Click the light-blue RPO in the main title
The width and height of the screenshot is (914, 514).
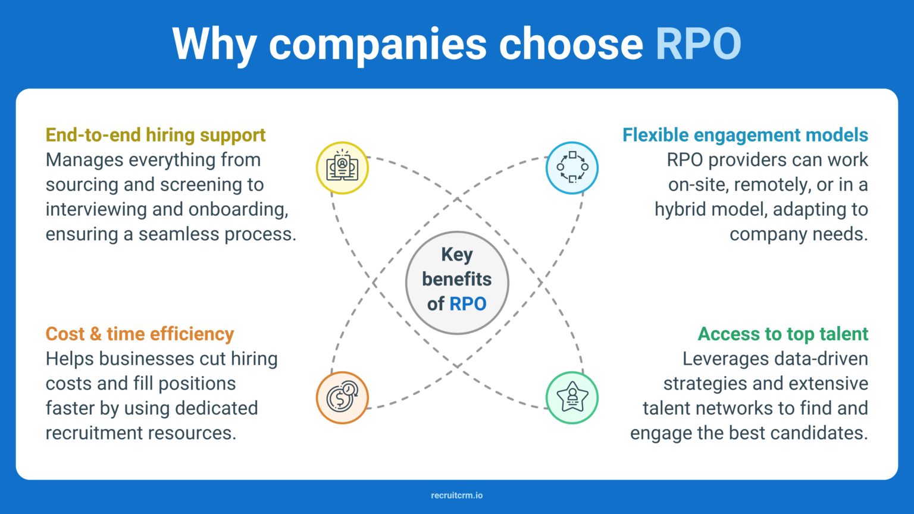click(x=698, y=44)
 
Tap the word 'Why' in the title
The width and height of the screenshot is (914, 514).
click(x=214, y=44)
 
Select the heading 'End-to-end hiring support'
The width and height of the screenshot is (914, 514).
click(x=155, y=135)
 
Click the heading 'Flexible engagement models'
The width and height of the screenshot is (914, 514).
click(x=745, y=135)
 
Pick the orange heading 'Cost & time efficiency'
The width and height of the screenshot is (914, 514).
click(x=140, y=334)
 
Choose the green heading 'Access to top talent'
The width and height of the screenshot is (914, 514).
click(x=783, y=334)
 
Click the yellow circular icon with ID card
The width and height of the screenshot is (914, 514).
click(x=342, y=168)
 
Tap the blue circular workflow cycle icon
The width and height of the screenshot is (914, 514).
click(x=572, y=168)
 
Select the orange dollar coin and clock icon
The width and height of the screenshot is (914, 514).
click(x=342, y=397)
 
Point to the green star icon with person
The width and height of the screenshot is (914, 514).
click(x=572, y=397)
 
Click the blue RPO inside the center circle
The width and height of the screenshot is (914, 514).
click(x=468, y=304)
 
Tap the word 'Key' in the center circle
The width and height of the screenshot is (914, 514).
click(x=457, y=255)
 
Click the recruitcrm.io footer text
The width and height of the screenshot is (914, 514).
click(x=457, y=495)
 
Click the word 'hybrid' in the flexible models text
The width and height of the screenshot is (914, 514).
click(x=680, y=209)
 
